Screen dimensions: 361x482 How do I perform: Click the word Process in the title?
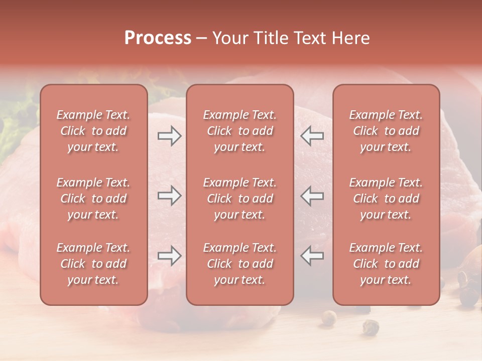pyautogui.click(x=158, y=38)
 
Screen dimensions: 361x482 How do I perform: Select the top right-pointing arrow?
pyautogui.click(x=170, y=136)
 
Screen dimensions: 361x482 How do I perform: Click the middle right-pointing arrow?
pyautogui.click(x=170, y=196)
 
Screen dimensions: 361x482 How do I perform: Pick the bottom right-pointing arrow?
pyautogui.click(x=170, y=255)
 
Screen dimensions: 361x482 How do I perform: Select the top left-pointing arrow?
pyautogui.click(x=312, y=136)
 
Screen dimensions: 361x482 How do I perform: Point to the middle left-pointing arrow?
pyautogui.click(x=312, y=196)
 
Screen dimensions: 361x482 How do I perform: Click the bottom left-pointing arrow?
pyautogui.click(x=312, y=255)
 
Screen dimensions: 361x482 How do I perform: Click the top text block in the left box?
pyautogui.click(x=93, y=131)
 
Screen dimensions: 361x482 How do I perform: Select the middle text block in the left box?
pyautogui.click(x=93, y=199)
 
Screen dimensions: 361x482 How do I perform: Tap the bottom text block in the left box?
pyautogui.click(x=93, y=264)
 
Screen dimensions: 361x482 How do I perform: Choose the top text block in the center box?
pyautogui.click(x=240, y=131)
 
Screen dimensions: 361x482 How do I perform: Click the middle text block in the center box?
pyautogui.click(x=240, y=199)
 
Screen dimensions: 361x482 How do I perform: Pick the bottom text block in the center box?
pyautogui.click(x=240, y=264)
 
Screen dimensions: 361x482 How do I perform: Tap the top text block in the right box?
pyautogui.click(x=386, y=131)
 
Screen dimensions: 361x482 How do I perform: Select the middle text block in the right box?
pyautogui.click(x=386, y=199)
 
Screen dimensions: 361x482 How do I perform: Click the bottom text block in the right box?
pyautogui.click(x=386, y=264)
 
